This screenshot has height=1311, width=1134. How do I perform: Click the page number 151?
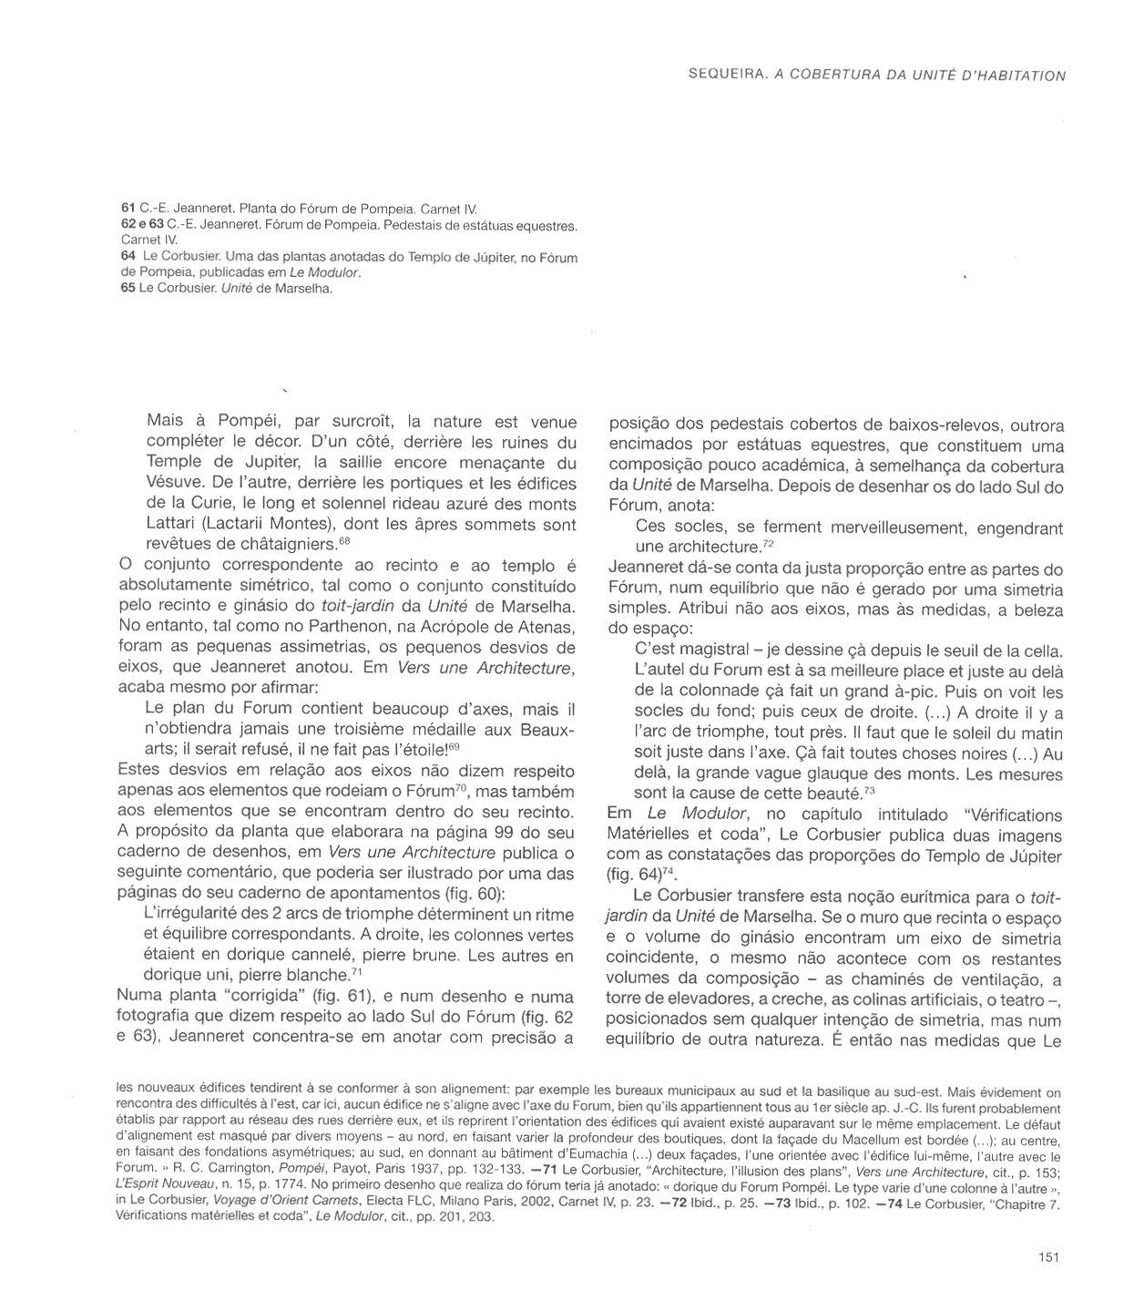1047,1257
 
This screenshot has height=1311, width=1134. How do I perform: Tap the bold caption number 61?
128,208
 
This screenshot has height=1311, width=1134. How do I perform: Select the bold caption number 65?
128,289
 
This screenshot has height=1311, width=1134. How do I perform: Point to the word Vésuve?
174,483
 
